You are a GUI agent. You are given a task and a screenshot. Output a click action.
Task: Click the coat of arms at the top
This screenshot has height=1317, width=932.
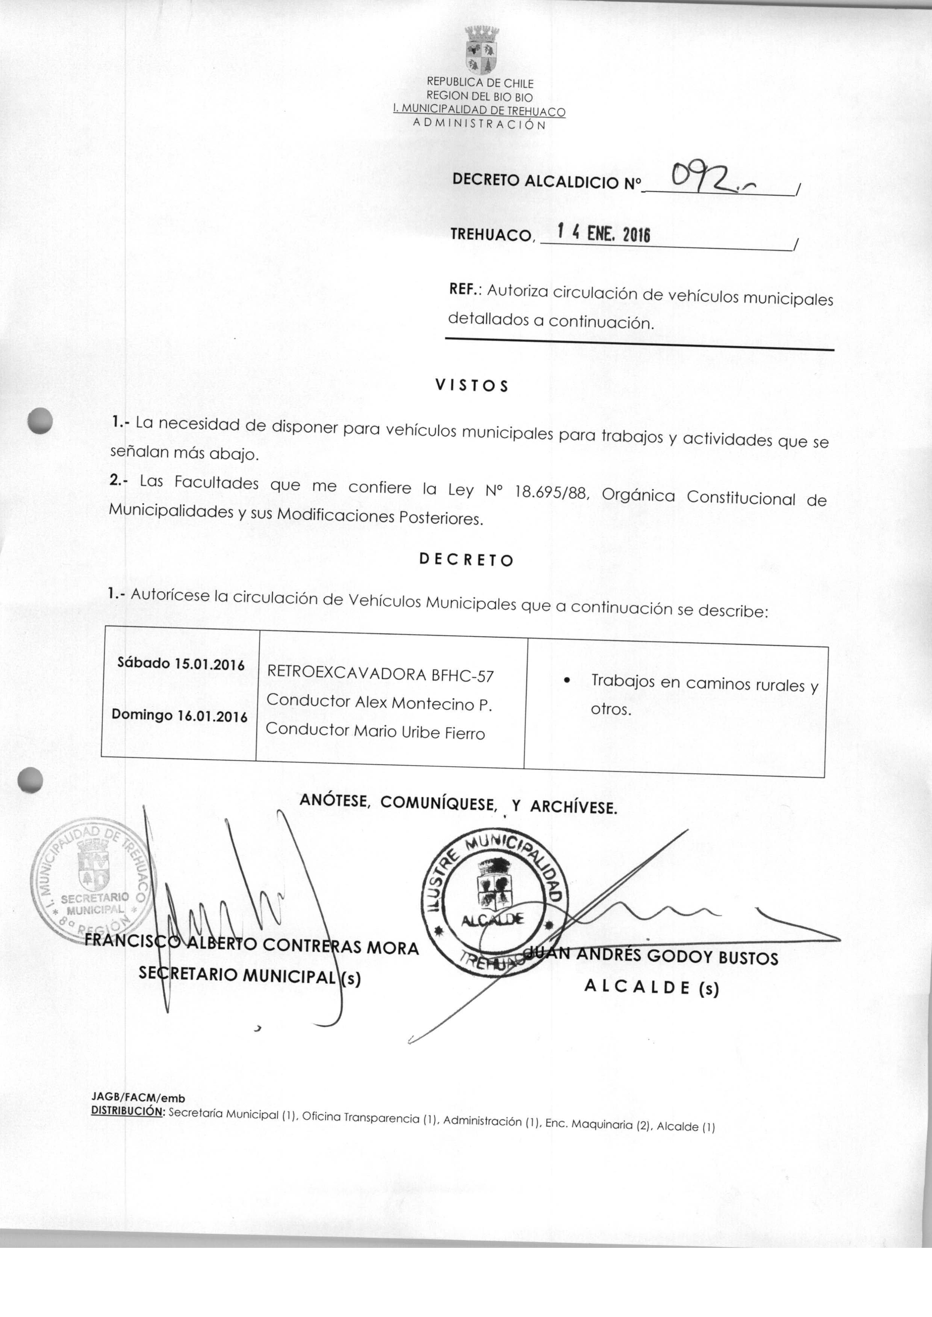[x=481, y=50]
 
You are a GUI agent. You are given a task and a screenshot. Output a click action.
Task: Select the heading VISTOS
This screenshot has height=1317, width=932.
[x=472, y=386]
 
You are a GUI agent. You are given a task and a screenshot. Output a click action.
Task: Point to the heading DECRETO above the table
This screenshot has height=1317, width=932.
[x=466, y=560]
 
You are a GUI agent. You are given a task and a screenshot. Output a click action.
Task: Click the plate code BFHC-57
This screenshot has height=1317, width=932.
[x=462, y=676]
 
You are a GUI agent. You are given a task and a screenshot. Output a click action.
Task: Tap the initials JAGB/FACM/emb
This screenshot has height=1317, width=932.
[x=138, y=1098]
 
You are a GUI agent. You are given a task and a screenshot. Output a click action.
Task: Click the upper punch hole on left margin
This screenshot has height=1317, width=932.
[x=40, y=422]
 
